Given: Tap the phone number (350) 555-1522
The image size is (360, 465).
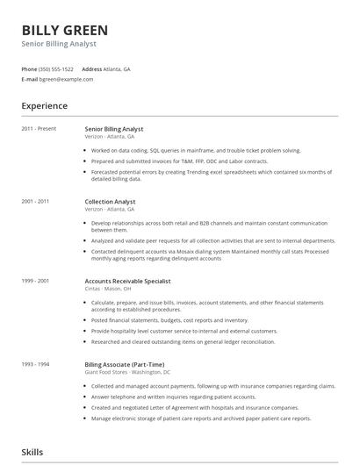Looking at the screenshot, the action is (x=57, y=68).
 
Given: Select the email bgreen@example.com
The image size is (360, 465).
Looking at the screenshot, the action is (x=66, y=79).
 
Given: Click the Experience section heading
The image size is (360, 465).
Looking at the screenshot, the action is (x=44, y=106).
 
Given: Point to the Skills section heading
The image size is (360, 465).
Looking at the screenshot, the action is (x=32, y=452).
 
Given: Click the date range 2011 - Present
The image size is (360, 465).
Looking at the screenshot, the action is (x=39, y=129).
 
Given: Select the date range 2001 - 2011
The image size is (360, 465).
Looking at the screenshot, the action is (x=35, y=201).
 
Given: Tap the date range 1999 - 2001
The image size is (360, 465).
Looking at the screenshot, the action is (x=35, y=281).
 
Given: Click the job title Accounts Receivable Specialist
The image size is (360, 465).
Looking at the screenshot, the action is (x=127, y=281).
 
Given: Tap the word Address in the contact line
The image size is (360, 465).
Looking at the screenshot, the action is (x=91, y=68).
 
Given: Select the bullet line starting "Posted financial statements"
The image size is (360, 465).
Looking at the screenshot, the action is (x=169, y=320).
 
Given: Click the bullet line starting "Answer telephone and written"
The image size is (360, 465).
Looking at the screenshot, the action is (x=175, y=396).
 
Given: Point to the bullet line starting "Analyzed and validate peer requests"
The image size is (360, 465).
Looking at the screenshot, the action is (x=212, y=240).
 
